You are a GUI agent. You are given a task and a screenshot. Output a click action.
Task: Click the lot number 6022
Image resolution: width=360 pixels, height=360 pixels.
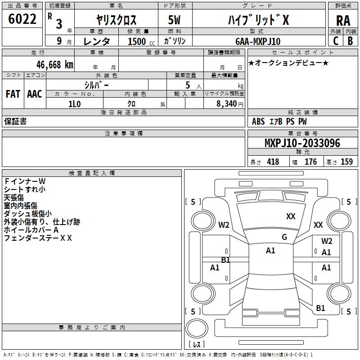(22, 19)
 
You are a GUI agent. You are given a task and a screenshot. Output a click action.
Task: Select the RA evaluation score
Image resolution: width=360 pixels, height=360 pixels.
(343, 21)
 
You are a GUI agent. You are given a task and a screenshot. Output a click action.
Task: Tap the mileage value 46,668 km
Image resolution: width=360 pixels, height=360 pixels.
(49, 64)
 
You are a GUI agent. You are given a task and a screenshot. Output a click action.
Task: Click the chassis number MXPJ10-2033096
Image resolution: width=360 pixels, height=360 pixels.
(302, 143)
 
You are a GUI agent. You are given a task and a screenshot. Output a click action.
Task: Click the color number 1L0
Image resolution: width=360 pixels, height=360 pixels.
(74, 103)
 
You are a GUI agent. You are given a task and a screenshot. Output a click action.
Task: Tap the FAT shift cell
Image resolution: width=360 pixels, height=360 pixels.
(13, 94)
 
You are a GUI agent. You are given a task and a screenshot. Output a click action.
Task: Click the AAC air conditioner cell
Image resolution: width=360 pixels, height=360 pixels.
(35, 94)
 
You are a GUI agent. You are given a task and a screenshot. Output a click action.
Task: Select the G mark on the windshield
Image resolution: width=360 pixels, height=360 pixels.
(284, 237)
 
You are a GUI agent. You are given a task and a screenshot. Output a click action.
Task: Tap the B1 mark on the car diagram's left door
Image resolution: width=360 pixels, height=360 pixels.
(225, 260)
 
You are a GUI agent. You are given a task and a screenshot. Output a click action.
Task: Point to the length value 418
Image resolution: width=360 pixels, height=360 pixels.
(273, 162)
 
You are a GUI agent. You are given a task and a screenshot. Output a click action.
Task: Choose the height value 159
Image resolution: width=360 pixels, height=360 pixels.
(346, 162)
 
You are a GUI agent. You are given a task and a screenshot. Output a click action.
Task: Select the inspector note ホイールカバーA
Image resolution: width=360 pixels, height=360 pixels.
(31, 229)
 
